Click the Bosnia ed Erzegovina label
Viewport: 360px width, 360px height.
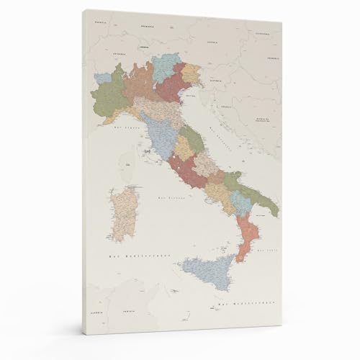267,117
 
